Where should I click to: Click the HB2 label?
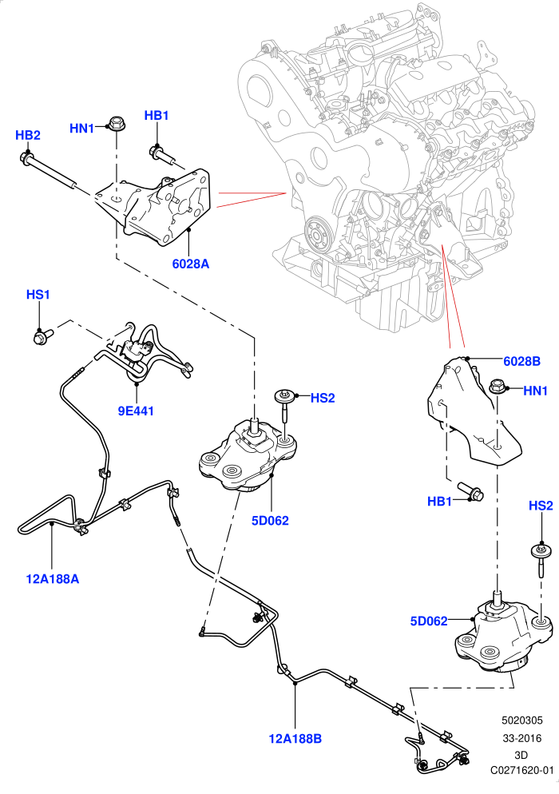[28, 135]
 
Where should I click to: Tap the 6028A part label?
[190, 264]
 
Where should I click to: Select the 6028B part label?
[521, 361]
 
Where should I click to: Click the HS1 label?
[38, 294]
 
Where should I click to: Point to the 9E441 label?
[136, 411]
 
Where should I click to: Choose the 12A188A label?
[53, 578]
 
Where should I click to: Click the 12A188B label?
[295, 739]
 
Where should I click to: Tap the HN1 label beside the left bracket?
[82, 129]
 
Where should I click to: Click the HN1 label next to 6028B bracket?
[535, 391]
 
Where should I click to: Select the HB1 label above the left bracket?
[157, 116]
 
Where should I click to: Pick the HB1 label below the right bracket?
[439, 502]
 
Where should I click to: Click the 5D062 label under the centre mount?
[270, 521]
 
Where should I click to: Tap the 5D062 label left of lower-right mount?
[429, 621]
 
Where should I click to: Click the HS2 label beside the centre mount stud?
[323, 398]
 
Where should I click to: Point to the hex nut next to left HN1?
[117, 123]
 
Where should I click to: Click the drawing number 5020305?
[522, 720]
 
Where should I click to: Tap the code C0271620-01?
[522, 770]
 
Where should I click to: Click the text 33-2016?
[522, 738]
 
